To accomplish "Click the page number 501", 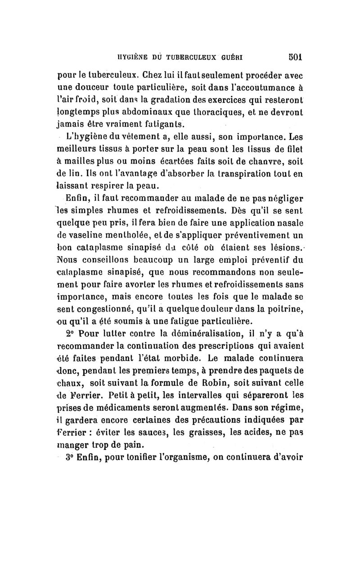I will [294, 57].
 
